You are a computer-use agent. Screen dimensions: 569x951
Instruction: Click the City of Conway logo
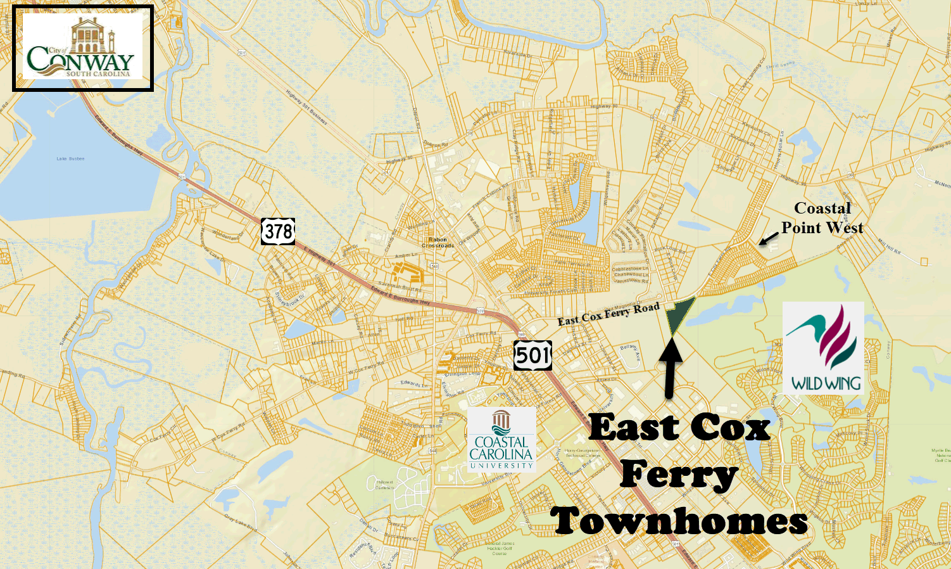click(82, 48)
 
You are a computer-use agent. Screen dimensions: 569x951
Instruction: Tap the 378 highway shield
click(278, 231)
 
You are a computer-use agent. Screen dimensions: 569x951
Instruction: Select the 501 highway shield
click(532, 355)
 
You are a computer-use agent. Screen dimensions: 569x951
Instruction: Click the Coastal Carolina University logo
click(501, 440)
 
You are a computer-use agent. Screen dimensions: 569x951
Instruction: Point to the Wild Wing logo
click(823, 348)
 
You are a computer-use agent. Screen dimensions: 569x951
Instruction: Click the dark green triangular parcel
click(678, 314)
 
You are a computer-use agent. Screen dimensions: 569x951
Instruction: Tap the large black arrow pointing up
click(670, 368)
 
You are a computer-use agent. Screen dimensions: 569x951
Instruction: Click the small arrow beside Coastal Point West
click(768, 238)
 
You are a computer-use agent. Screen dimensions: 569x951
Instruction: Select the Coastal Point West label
click(822, 218)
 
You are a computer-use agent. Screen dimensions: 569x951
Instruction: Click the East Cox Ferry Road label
click(608, 314)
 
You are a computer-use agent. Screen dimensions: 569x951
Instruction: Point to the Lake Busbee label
click(70, 158)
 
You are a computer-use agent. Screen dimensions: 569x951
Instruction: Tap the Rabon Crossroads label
click(438, 242)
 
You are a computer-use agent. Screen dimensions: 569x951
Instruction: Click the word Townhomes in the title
click(679, 521)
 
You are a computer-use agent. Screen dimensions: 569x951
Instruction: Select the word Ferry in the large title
click(679, 474)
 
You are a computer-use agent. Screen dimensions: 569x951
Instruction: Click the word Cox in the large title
click(730, 428)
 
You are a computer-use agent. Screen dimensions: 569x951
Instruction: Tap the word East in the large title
click(634, 428)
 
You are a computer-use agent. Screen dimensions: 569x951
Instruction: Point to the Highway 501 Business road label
click(306, 107)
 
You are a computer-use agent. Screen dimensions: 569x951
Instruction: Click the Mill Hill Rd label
click(889, 246)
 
